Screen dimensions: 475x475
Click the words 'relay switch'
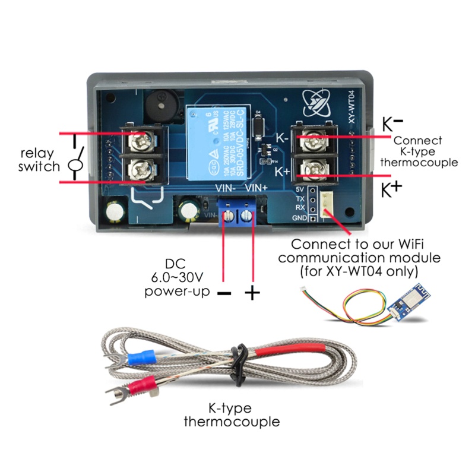point(39,160)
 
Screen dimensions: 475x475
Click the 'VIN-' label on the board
point(226,188)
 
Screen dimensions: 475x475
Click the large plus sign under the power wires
point(252,292)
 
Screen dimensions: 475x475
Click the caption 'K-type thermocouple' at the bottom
point(231,416)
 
